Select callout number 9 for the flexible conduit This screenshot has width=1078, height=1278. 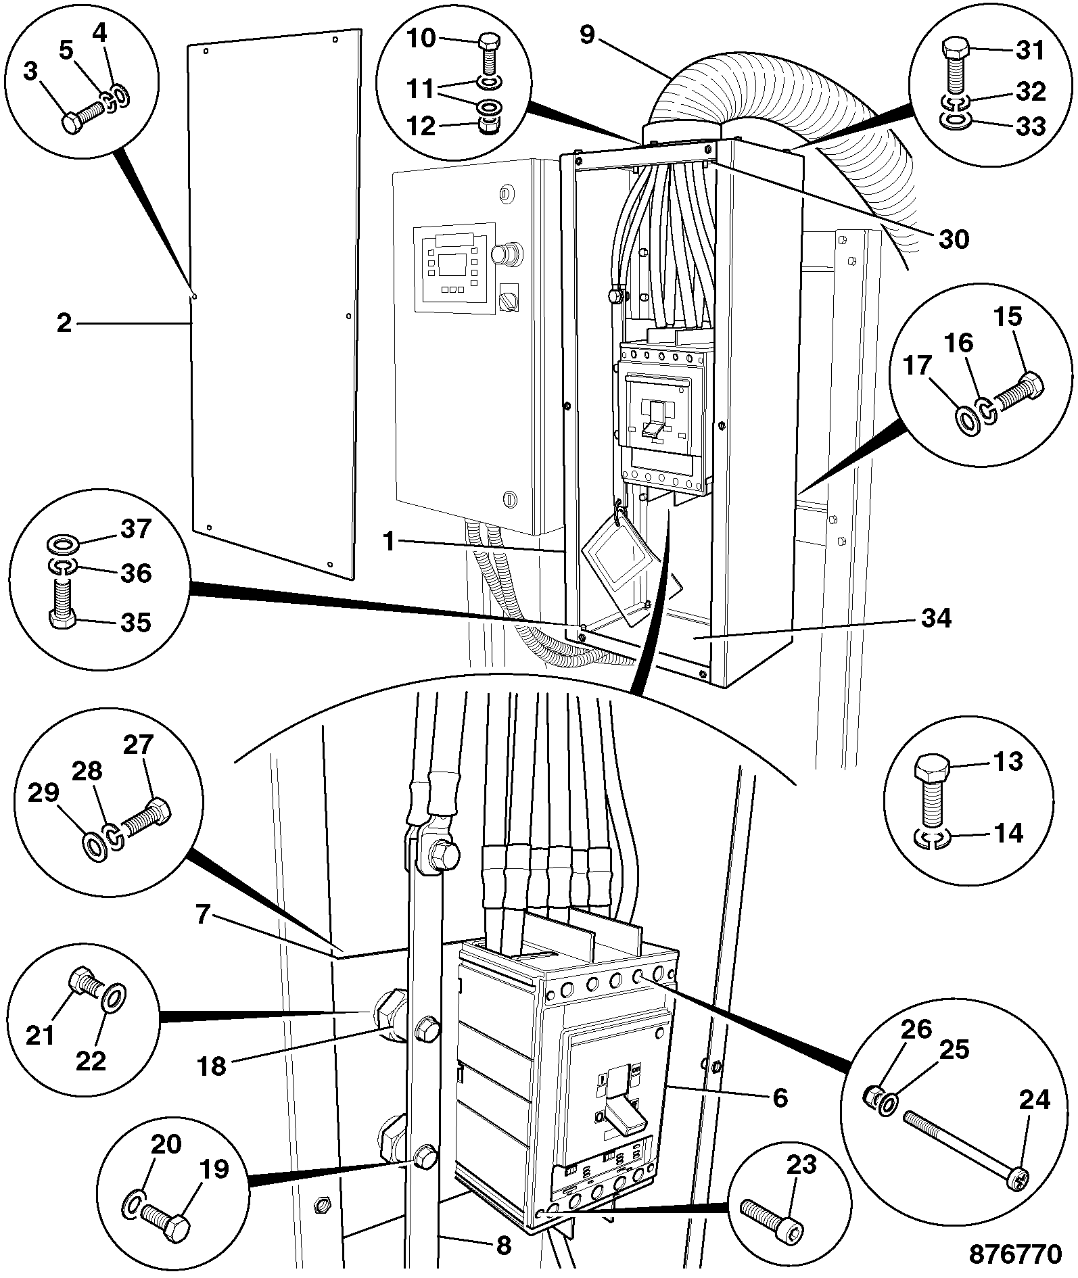(586, 35)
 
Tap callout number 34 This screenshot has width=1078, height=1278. (936, 618)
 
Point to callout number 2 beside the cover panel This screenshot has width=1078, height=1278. (64, 323)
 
